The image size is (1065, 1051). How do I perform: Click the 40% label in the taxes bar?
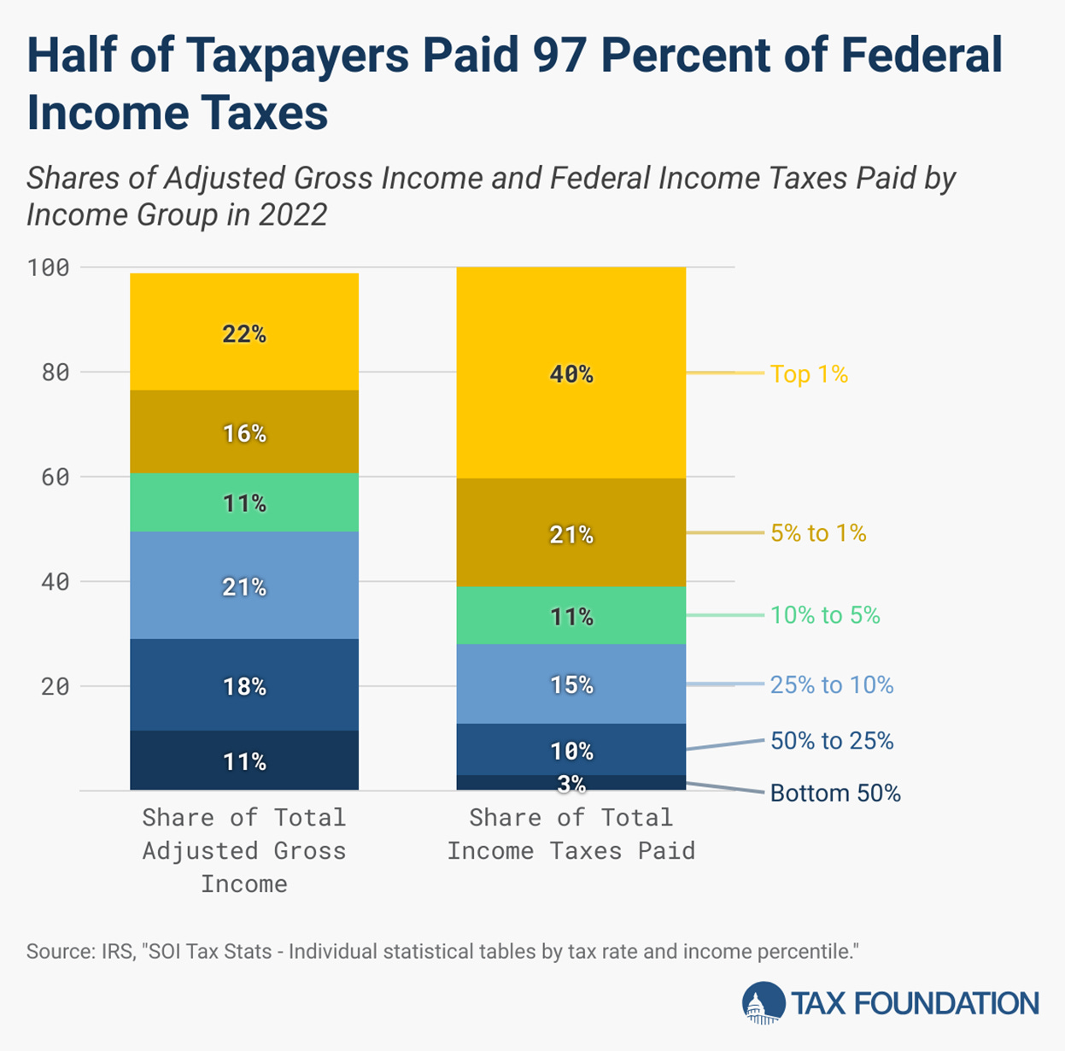[x=571, y=373]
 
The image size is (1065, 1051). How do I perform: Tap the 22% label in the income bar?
[x=244, y=334]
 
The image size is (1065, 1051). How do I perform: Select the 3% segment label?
[x=571, y=784]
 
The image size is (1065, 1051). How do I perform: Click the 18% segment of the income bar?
[x=244, y=686]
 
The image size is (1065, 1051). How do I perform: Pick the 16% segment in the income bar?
[x=244, y=433]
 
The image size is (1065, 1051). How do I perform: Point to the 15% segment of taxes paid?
[x=571, y=684]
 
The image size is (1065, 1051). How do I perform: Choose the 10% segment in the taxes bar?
[x=571, y=750]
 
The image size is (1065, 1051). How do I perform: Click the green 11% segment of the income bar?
[x=244, y=503]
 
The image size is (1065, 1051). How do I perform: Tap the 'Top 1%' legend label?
[x=808, y=374]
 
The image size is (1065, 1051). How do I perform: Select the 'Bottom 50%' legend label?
[x=834, y=793]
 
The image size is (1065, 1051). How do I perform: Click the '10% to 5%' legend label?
[x=824, y=615]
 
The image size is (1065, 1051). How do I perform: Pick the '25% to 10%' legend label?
[x=831, y=685]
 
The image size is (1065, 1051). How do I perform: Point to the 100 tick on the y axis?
[x=49, y=267]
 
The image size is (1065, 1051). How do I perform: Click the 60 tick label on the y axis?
[x=56, y=477]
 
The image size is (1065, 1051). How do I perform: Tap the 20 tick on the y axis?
[x=56, y=686]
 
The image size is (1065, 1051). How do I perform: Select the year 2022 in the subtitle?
[x=293, y=214]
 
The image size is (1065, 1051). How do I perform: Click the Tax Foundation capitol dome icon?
[x=763, y=1003]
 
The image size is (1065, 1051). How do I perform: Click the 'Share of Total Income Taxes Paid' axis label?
[x=571, y=834]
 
